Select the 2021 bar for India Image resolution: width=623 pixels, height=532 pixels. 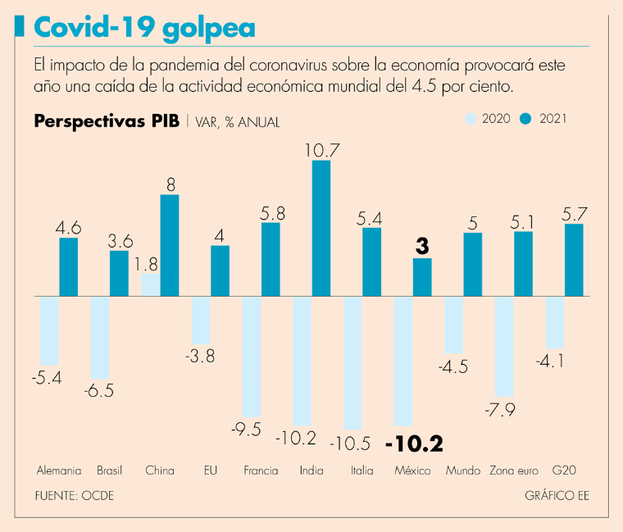[x=321, y=228]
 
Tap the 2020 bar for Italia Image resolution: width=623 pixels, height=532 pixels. [x=352, y=362]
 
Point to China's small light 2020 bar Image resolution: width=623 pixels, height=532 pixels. [x=150, y=284]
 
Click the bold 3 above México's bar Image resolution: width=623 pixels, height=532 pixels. [x=422, y=245]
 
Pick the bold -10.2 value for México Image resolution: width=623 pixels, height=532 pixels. [x=414, y=443]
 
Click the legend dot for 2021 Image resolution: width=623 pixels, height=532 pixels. [x=527, y=119]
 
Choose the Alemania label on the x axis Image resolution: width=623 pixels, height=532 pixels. [x=59, y=471]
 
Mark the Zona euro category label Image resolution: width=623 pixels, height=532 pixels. [x=513, y=471]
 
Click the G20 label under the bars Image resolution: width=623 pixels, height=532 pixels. [x=564, y=471]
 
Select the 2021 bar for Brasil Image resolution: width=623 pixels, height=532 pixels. [x=119, y=273]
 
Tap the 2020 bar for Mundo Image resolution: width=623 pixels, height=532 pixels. [x=454, y=325]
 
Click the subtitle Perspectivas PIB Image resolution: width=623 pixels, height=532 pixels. [x=107, y=121]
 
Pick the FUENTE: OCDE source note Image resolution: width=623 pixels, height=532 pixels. [x=75, y=496]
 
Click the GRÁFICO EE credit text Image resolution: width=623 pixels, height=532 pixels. [x=557, y=496]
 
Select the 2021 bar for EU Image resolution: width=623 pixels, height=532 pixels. [x=220, y=271]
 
